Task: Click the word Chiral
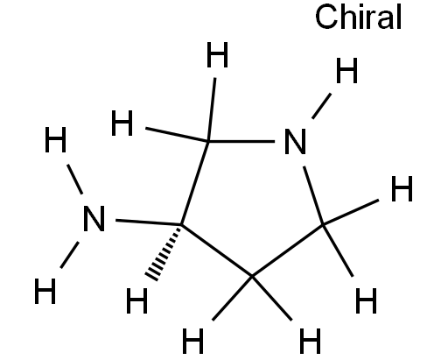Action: click(x=359, y=17)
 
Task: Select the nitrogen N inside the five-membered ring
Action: click(x=295, y=142)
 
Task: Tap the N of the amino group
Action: click(x=94, y=219)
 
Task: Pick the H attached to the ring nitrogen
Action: click(x=346, y=70)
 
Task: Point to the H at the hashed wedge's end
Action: click(x=136, y=300)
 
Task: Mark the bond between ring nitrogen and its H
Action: click(x=321, y=106)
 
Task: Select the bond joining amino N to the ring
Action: click(x=149, y=222)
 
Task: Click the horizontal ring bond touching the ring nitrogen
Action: click(x=241, y=141)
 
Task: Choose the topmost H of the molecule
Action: click(x=217, y=54)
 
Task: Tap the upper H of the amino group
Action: click(x=55, y=139)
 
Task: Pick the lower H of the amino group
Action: click(x=45, y=291)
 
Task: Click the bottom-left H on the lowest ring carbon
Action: click(x=192, y=341)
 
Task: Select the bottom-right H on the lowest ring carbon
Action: click(x=310, y=341)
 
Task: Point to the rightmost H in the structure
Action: click(x=402, y=188)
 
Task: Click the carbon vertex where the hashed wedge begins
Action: click(x=181, y=224)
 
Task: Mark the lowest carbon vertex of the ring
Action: click(x=252, y=276)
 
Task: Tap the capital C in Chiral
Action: click(x=325, y=17)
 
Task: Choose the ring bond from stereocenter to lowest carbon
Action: click(x=216, y=251)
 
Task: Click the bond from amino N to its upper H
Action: click(x=75, y=180)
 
